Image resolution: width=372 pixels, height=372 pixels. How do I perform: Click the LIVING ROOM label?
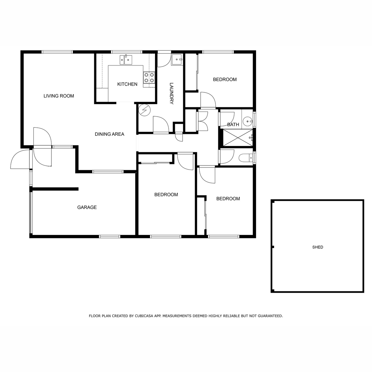(59, 96)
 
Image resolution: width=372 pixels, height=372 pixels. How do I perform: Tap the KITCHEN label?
(127, 84)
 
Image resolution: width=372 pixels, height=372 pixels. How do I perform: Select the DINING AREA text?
(109, 134)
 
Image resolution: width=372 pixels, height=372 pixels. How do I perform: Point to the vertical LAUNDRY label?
(171, 93)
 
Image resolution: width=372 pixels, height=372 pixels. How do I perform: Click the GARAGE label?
(87, 207)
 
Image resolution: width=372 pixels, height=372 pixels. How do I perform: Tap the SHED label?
(317, 247)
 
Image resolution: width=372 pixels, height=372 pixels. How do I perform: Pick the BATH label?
(233, 125)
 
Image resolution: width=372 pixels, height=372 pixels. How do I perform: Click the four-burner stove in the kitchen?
(149, 77)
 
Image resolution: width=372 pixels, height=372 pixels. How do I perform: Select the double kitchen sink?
(126, 60)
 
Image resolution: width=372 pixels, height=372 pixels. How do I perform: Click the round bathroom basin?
(248, 122)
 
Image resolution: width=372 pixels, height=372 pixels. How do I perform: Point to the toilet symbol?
(246, 158)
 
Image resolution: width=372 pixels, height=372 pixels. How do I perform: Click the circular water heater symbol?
(144, 110)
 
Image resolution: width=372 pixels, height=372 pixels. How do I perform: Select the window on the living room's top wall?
(57, 52)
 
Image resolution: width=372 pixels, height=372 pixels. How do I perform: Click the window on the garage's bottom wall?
(110, 237)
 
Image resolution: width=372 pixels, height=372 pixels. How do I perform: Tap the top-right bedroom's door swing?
(208, 100)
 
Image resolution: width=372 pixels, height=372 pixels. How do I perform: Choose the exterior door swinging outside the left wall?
(20, 159)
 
